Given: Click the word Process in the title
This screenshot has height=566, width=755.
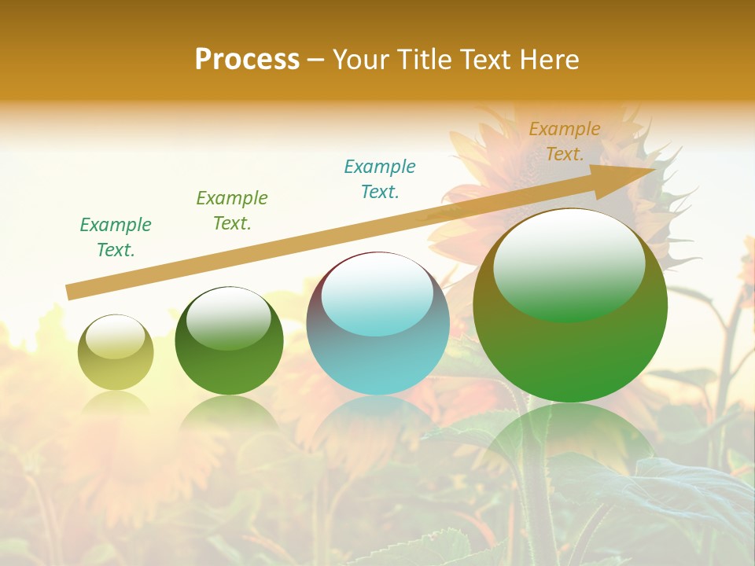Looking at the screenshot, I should tap(247, 60).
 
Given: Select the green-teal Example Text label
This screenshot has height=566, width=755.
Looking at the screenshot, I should tap(116, 237).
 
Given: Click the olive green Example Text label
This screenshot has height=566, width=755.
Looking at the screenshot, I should tap(231, 211).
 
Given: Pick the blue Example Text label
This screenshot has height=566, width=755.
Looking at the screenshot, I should tap(380, 179).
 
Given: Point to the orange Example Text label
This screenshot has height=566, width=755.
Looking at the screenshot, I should tap(564, 141).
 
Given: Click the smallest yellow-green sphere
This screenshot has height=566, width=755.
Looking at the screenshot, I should tap(116, 362).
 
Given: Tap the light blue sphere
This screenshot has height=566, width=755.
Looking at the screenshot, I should tap(377, 346).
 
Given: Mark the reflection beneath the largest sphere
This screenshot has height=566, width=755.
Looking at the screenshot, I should tap(570, 440).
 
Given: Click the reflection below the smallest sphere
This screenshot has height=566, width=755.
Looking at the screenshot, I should tap(116, 405).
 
